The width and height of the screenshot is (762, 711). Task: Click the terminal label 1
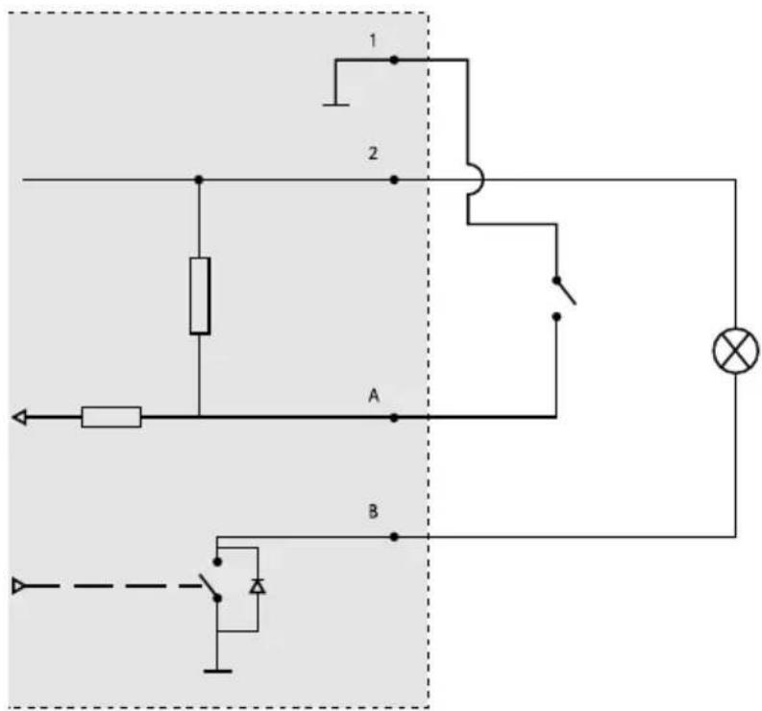click(373, 40)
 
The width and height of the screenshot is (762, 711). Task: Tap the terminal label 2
click(373, 153)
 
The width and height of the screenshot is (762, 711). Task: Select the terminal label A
click(373, 396)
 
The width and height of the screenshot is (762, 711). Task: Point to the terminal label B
click(373, 511)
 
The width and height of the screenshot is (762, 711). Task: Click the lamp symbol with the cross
click(736, 351)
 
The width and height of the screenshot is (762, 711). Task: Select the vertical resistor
click(200, 296)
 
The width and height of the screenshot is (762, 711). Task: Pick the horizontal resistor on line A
click(111, 417)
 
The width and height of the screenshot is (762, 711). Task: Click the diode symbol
click(258, 586)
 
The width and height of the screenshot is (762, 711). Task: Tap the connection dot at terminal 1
click(394, 60)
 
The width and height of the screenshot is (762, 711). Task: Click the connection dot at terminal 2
click(394, 180)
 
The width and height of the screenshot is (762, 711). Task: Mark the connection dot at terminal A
click(394, 417)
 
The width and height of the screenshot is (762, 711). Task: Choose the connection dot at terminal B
click(394, 537)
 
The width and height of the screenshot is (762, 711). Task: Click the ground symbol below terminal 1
click(335, 105)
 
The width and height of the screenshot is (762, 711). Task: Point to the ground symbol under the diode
click(218, 672)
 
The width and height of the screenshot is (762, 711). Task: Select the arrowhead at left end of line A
click(19, 417)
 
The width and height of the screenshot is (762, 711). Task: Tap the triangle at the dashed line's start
click(18, 586)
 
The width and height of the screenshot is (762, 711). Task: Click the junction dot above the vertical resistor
click(198, 180)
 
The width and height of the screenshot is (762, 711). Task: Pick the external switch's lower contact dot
click(557, 317)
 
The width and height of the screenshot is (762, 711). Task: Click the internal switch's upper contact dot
click(218, 562)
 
